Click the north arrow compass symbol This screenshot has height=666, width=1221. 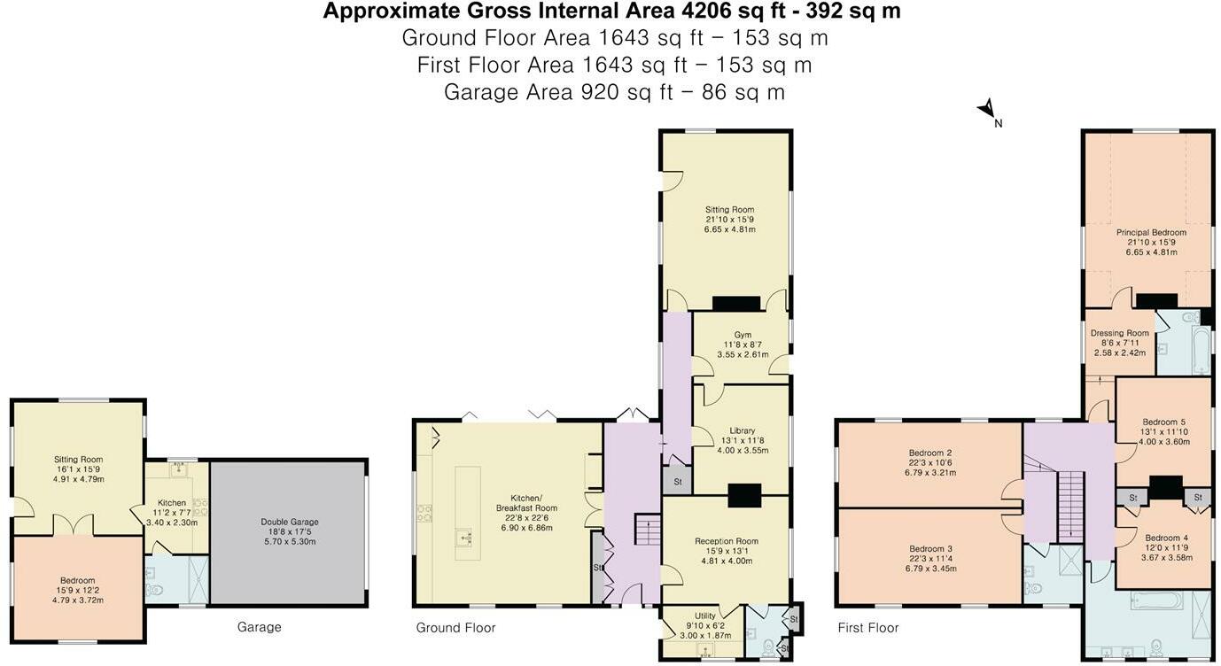tap(987, 110)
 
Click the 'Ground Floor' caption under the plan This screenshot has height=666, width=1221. tap(455, 628)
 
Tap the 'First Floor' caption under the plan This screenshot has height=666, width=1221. tap(867, 628)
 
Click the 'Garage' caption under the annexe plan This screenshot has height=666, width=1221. tap(259, 627)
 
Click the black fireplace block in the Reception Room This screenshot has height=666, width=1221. tap(744, 496)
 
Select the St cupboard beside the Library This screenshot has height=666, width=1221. tap(678, 481)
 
